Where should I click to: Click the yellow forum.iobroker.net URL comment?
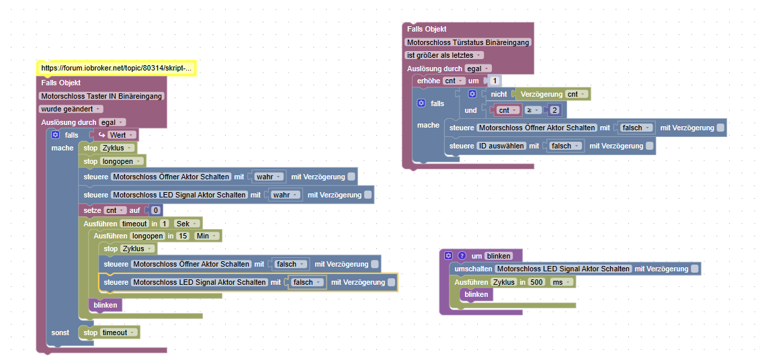pyautogui.click(x=116, y=68)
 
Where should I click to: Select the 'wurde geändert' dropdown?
pyautogui.click(x=71, y=109)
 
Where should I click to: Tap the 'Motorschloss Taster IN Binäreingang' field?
pyautogui.click(x=101, y=96)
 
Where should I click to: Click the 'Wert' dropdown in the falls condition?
pyautogui.click(x=121, y=135)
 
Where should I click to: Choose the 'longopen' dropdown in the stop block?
pyautogui.click(x=122, y=161)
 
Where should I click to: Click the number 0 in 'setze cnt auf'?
pyautogui.click(x=155, y=210)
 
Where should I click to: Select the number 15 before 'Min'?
pyautogui.click(x=183, y=236)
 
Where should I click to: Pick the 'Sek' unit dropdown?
pyautogui.click(x=185, y=223)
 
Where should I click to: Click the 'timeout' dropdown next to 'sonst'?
pyautogui.click(x=119, y=332)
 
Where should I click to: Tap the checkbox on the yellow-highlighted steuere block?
pyautogui.click(x=392, y=283)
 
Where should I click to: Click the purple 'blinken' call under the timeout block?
pyautogui.click(x=105, y=305)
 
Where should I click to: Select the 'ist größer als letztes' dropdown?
pyautogui.click(x=444, y=55)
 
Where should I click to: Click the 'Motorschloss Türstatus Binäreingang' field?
pyautogui.click(x=468, y=42)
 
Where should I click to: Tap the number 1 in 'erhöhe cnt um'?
pyautogui.click(x=495, y=81)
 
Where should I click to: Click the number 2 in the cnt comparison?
pyautogui.click(x=555, y=110)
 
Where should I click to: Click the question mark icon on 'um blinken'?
pyautogui.click(x=462, y=256)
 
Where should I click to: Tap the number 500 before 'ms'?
pyautogui.click(x=536, y=282)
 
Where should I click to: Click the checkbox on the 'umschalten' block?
pyautogui.click(x=695, y=269)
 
